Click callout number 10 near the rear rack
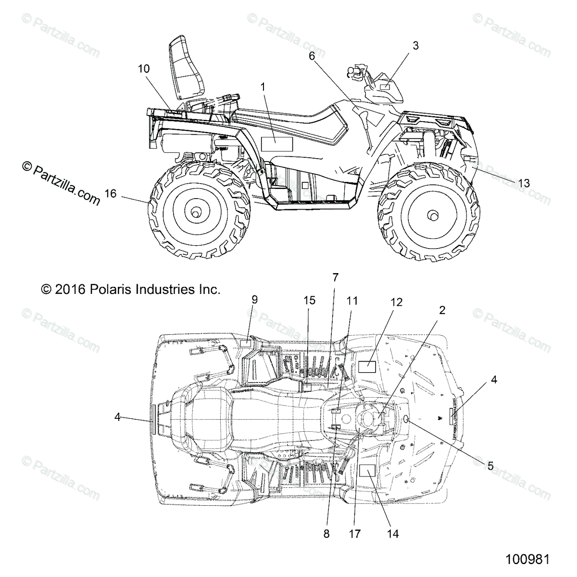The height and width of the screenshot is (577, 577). click(x=143, y=69)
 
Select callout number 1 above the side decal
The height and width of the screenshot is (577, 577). click(x=263, y=87)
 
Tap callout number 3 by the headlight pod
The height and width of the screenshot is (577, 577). click(x=415, y=46)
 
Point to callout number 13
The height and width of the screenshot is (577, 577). click(x=524, y=183)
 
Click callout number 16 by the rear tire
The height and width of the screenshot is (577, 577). click(x=110, y=193)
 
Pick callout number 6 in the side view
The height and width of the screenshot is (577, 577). click(x=312, y=56)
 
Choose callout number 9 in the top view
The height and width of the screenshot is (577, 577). click(x=254, y=300)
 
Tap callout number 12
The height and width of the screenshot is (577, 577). click(x=397, y=302)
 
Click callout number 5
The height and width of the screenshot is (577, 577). click(x=490, y=465)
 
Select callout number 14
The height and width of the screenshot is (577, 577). click(x=393, y=534)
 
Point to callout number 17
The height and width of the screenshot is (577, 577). click(x=356, y=534)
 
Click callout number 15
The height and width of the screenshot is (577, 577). click(x=309, y=301)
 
